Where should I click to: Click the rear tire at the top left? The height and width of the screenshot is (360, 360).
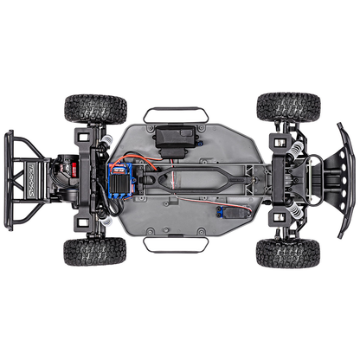tap(95, 108)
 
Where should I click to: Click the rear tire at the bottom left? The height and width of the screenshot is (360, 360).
tap(94, 251)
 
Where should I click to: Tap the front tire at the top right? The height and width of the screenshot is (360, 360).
tap(288, 106)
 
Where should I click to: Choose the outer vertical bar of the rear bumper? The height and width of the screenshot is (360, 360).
tap(8, 180)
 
